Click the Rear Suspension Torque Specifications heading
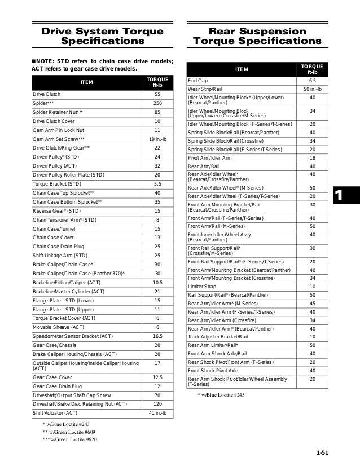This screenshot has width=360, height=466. pos(257,36)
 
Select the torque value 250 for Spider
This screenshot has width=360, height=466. pos(157,103)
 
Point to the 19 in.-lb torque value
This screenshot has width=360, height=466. pos(157,139)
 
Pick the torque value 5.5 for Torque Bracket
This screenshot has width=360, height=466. pos(157,184)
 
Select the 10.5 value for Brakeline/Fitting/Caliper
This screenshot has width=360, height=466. pos(157,282)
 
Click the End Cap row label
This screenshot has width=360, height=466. pos(197,81)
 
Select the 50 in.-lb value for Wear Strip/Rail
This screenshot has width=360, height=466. pos(312,90)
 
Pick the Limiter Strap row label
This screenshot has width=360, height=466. pos(203,286)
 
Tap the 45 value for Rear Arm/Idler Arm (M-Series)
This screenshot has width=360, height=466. pos(312,303)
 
